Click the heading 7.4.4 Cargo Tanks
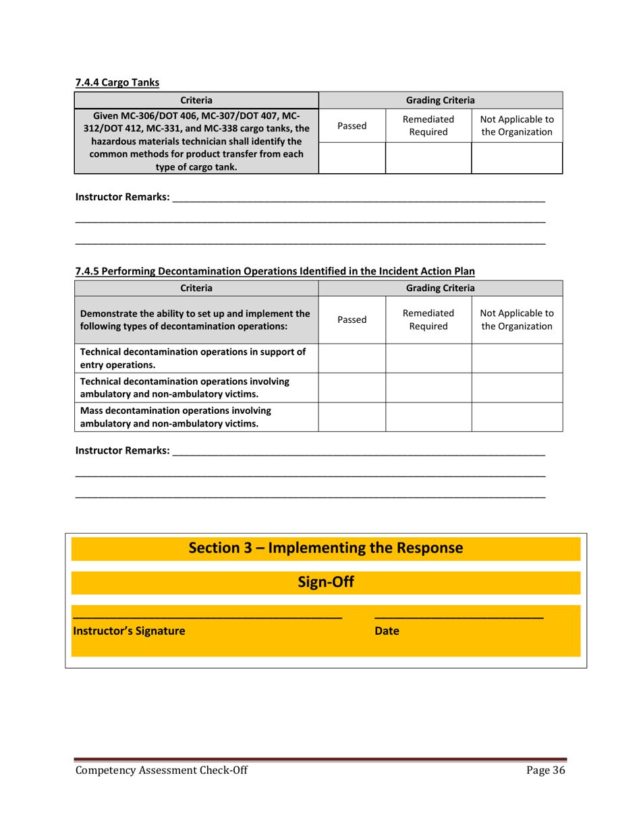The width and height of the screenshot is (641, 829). [x=117, y=83]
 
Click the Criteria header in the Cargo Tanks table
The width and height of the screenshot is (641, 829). [x=196, y=100]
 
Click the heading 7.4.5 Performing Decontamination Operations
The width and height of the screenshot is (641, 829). [x=275, y=272]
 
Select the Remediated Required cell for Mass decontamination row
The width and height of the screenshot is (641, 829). [x=428, y=417]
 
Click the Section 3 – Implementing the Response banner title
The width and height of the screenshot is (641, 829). [x=326, y=547]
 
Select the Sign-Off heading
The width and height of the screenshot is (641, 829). [x=326, y=582]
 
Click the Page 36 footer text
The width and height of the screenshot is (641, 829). [x=545, y=772]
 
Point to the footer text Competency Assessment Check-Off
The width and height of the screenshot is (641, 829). [x=161, y=772]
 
